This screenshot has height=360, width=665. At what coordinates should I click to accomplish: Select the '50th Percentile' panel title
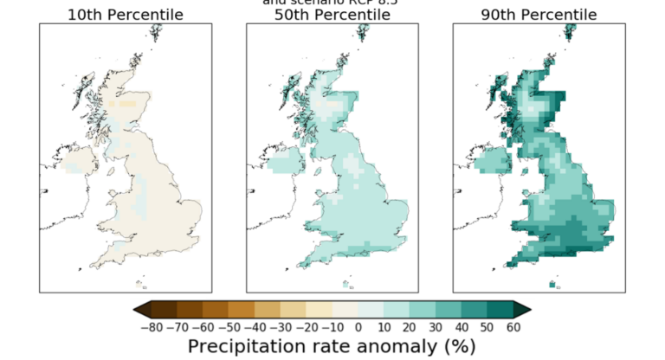[332, 15]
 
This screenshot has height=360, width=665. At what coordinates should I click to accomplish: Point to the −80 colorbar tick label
[151, 327]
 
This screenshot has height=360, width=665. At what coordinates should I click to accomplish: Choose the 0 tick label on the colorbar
[358, 327]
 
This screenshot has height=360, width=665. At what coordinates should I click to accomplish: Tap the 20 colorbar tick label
[410, 327]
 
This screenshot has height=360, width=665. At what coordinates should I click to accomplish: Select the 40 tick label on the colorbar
[462, 327]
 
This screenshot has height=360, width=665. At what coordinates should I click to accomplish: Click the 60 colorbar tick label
[513, 327]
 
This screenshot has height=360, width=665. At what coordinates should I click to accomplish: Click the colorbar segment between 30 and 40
[449, 310]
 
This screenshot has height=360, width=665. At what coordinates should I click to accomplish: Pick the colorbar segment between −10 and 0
[345, 310]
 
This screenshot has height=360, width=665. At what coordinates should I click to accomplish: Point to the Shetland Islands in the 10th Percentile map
[157, 34]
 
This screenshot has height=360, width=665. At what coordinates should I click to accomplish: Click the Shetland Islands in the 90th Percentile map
[571, 34]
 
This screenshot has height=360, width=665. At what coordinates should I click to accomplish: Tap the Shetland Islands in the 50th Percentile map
[364, 34]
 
